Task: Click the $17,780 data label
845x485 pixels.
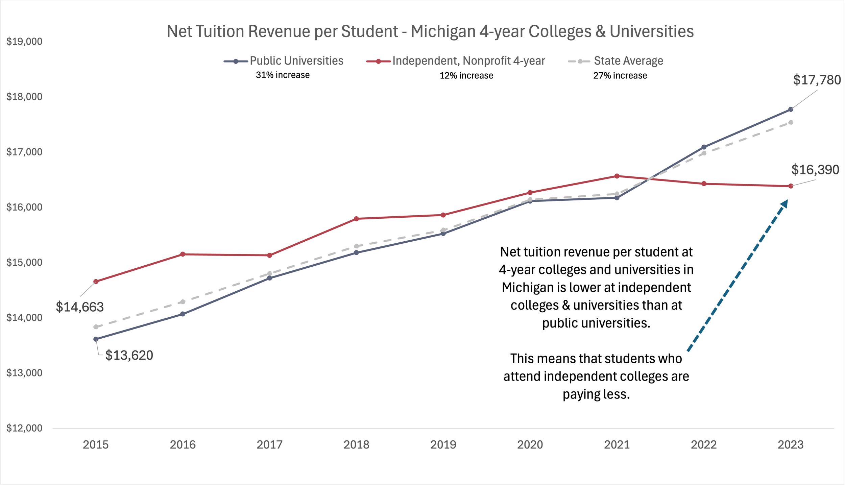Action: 817,80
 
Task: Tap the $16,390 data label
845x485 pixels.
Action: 815,170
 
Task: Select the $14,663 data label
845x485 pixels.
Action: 80,307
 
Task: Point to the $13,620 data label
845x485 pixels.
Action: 129,355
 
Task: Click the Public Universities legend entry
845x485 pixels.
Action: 296,61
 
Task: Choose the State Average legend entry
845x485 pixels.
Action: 628,61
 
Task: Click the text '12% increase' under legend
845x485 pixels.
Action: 466,76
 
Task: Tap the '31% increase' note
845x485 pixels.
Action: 283,75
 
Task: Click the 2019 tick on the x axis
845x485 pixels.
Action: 443,444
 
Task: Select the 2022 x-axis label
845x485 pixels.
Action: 704,444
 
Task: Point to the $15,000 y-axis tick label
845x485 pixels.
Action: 24,262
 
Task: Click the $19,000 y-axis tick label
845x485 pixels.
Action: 24,42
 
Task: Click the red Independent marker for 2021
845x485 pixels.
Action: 617,176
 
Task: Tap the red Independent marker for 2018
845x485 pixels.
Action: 356,219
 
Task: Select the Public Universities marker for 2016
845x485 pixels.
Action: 183,314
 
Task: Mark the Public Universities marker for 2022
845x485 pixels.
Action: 704,147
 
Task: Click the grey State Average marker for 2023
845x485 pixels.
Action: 791,122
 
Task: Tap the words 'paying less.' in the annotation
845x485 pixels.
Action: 596,394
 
